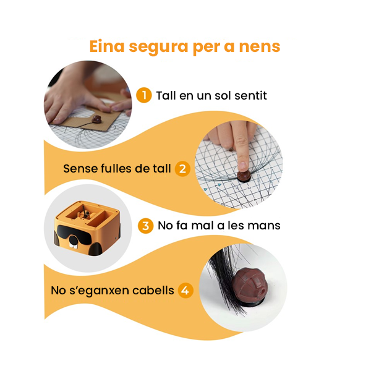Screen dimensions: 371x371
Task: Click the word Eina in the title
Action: point(107,46)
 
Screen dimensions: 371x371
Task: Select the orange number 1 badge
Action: point(144,95)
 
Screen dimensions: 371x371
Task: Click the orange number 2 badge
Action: point(182,169)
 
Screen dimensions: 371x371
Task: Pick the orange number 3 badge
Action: point(145,226)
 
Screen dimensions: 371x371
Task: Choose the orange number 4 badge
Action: point(185,291)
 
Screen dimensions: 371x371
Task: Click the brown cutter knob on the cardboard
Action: point(96,119)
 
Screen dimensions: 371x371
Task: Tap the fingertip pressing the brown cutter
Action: point(242,166)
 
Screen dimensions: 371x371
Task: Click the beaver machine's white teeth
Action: point(74,245)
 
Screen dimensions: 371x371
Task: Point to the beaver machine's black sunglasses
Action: point(75,234)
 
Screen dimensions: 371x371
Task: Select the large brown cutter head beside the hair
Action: point(249,286)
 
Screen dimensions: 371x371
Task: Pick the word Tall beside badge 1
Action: point(166,95)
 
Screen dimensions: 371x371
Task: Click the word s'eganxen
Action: point(100,291)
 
